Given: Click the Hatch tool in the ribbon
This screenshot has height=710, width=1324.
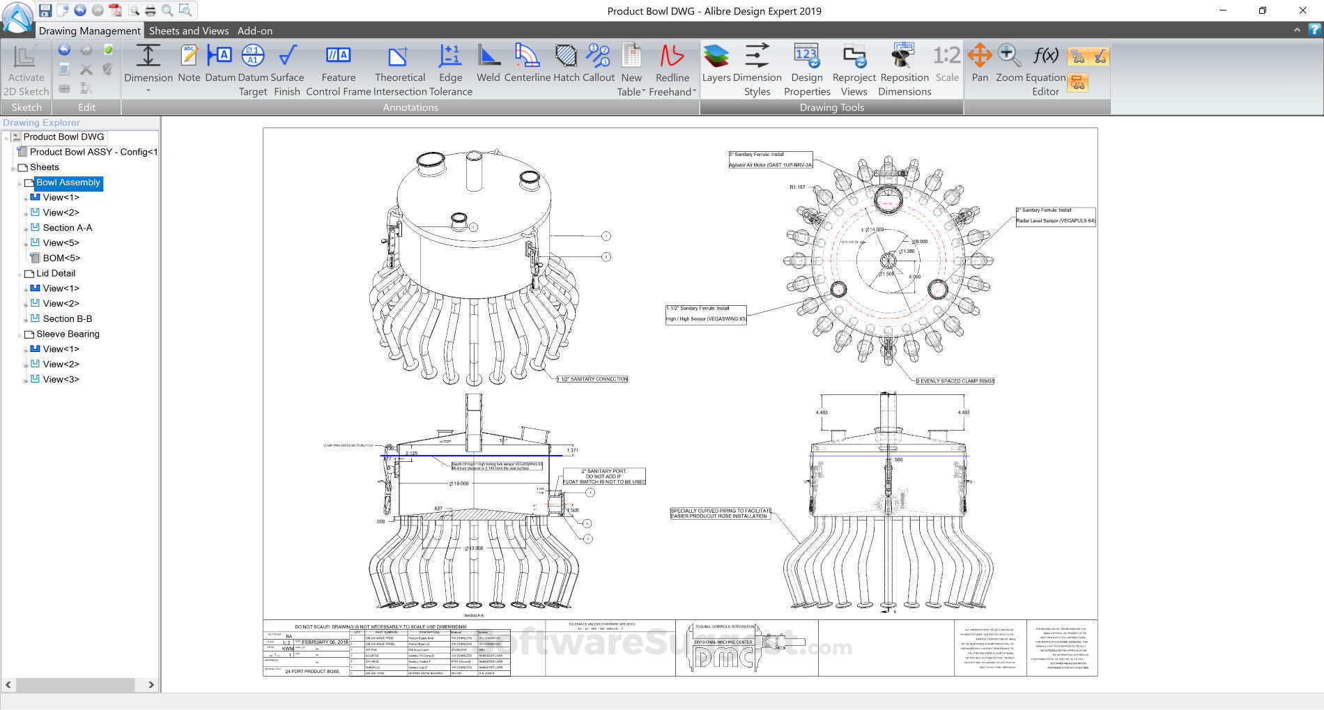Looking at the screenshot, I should point(566,63).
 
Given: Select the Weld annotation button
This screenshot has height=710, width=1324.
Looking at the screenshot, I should point(488,63).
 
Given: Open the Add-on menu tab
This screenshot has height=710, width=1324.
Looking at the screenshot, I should point(254,31).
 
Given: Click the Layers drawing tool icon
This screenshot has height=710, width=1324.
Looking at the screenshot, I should point(716,63).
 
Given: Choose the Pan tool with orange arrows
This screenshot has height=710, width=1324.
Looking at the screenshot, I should point(980,63).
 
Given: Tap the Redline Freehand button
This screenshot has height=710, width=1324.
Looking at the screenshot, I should point(672,70).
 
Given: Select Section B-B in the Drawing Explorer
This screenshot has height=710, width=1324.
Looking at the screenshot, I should point(67,318).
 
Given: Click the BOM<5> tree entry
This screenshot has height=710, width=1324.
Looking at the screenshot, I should point(61,258).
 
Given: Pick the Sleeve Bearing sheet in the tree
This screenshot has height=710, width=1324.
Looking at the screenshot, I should point(68,334).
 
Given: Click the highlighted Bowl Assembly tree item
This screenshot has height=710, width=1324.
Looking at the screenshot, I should point(68,183).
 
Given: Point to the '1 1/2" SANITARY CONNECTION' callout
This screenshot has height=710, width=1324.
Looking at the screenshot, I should point(592,379).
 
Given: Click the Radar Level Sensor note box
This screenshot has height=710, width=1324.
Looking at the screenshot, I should point(1055,216).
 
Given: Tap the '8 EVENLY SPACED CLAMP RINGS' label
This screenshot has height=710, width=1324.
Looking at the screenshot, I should point(955,381).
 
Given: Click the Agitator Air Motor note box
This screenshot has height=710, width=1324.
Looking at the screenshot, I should point(770,160).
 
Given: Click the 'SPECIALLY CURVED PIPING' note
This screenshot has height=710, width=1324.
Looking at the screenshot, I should point(721,514).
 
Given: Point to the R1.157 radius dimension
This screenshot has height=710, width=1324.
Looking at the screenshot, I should point(797,187).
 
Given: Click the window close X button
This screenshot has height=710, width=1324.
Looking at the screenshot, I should point(1302,10).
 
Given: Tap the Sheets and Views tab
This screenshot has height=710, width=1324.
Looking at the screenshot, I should point(188,31).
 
